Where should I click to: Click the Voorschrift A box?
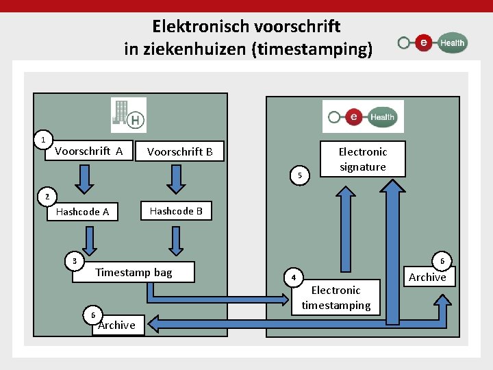(x=89, y=151)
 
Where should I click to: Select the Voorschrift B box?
(x=180, y=152)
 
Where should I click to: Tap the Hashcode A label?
(x=82, y=212)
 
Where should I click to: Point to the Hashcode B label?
(x=176, y=211)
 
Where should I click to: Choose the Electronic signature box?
(x=362, y=159)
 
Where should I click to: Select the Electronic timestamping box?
(x=336, y=298)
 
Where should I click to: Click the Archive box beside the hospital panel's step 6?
(x=116, y=325)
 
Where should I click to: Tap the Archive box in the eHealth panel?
(x=427, y=277)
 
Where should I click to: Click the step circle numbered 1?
(x=43, y=140)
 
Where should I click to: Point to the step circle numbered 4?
(x=292, y=278)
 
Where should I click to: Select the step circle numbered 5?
(x=300, y=176)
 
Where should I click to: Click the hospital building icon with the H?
(x=129, y=115)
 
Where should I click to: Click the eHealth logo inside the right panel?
(x=363, y=116)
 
